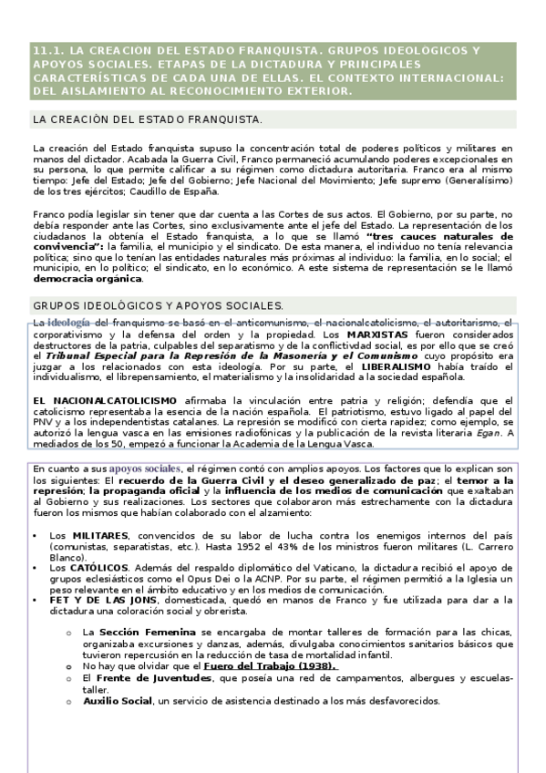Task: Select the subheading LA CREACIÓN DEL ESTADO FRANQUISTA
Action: click(x=148, y=119)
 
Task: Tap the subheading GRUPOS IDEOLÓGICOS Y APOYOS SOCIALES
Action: click(x=158, y=305)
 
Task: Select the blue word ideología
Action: click(x=68, y=324)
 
